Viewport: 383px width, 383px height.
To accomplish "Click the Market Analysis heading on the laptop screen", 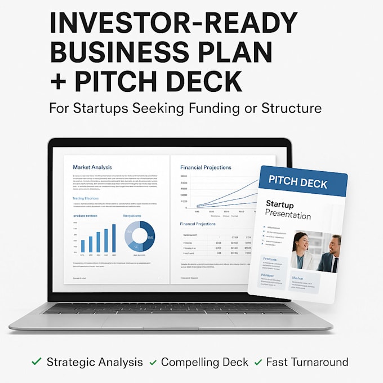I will click(x=92, y=167).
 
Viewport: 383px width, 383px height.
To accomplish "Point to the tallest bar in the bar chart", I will click(x=113, y=238).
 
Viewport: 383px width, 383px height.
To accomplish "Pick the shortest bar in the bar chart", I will click(x=83, y=246).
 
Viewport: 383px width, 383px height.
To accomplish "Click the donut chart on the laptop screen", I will click(x=139, y=236).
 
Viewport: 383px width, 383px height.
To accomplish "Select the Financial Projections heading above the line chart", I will click(x=206, y=167).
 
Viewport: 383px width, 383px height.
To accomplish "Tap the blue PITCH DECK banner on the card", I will click(x=298, y=182).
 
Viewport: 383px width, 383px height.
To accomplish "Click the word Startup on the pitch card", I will click(x=280, y=204).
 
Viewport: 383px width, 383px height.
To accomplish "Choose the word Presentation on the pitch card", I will click(x=288, y=215).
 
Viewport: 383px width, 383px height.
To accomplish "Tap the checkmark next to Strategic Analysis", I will click(x=37, y=362).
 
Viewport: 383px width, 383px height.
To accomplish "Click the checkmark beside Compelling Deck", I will click(x=153, y=362).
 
